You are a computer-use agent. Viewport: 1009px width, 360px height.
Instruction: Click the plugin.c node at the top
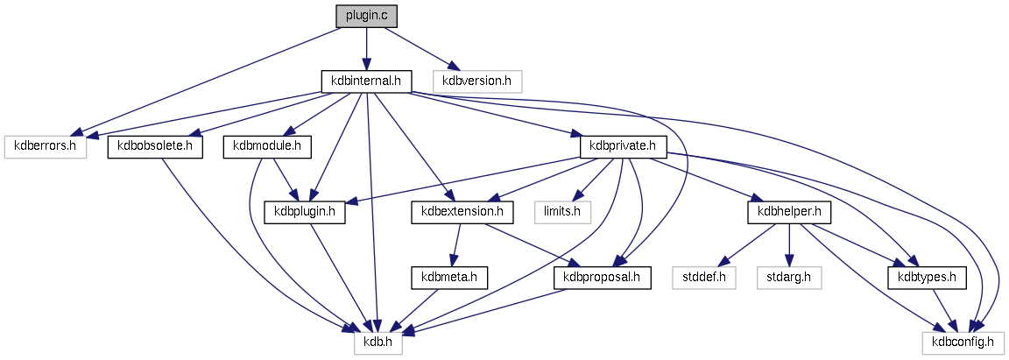[x=366, y=17]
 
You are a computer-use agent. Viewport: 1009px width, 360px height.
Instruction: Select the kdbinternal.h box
[x=365, y=81]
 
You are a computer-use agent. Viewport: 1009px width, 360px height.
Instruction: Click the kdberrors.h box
[x=46, y=146]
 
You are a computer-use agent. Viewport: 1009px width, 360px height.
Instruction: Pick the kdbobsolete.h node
[x=154, y=146]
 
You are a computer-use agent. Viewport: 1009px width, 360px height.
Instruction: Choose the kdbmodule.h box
[x=268, y=146]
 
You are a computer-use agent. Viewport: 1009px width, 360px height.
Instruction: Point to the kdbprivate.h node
[x=624, y=146]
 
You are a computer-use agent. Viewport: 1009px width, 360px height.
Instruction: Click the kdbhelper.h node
[x=789, y=211]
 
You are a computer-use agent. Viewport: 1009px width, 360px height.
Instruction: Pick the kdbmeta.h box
[x=449, y=278]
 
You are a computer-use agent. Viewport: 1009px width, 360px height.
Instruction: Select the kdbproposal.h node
[x=603, y=278]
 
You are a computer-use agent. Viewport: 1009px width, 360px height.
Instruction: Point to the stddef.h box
[x=704, y=278]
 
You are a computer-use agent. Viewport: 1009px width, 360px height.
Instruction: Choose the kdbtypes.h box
[x=928, y=278]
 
